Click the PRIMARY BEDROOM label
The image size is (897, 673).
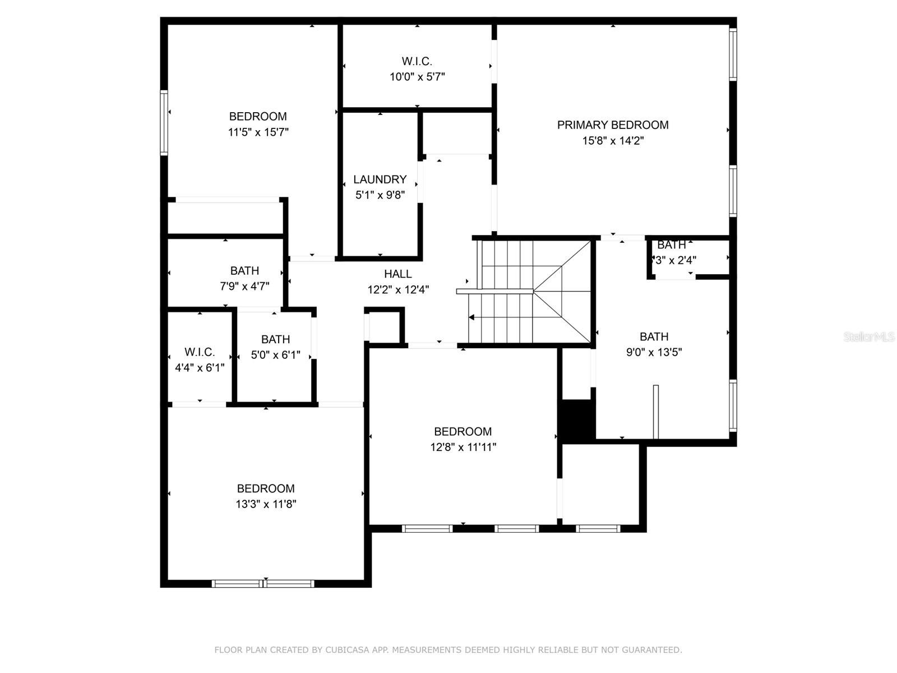pyautogui.click(x=613, y=125)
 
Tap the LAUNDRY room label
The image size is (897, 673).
pyautogui.click(x=380, y=179)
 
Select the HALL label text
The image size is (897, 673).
pyautogui.click(x=397, y=274)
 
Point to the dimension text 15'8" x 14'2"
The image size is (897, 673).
pyautogui.click(x=613, y=141)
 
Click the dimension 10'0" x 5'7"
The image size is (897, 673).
pyautogui.click(x=417, y=77)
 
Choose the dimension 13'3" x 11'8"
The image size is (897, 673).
pyautogui.click(x=266, y=504)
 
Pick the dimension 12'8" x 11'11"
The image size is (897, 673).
pyautogui.click(x=463, y=447)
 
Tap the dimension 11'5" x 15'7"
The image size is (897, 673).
pyautogui.click(x=258, y=132)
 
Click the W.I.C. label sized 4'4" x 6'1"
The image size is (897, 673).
pyautogui.click(x=200, y=352)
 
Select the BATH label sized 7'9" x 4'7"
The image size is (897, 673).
pyautogui.click(x=244, y=270)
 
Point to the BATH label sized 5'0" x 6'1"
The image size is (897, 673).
pyautogui.click(x=275, y=339)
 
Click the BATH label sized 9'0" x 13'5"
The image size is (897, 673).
pyautogui.click(x=654, y=336)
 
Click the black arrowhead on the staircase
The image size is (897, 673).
pyautogui.click(x=471, y=317)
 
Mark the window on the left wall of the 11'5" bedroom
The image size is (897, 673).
pyautogui.click(x=164, y=123)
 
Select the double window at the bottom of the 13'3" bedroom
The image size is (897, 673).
pyautogui.click(x=263, y=583)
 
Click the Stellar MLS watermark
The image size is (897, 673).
pyautogui.click(x=869, y=337)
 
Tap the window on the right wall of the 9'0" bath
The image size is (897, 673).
pyautogui.click(x=733, y=405)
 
